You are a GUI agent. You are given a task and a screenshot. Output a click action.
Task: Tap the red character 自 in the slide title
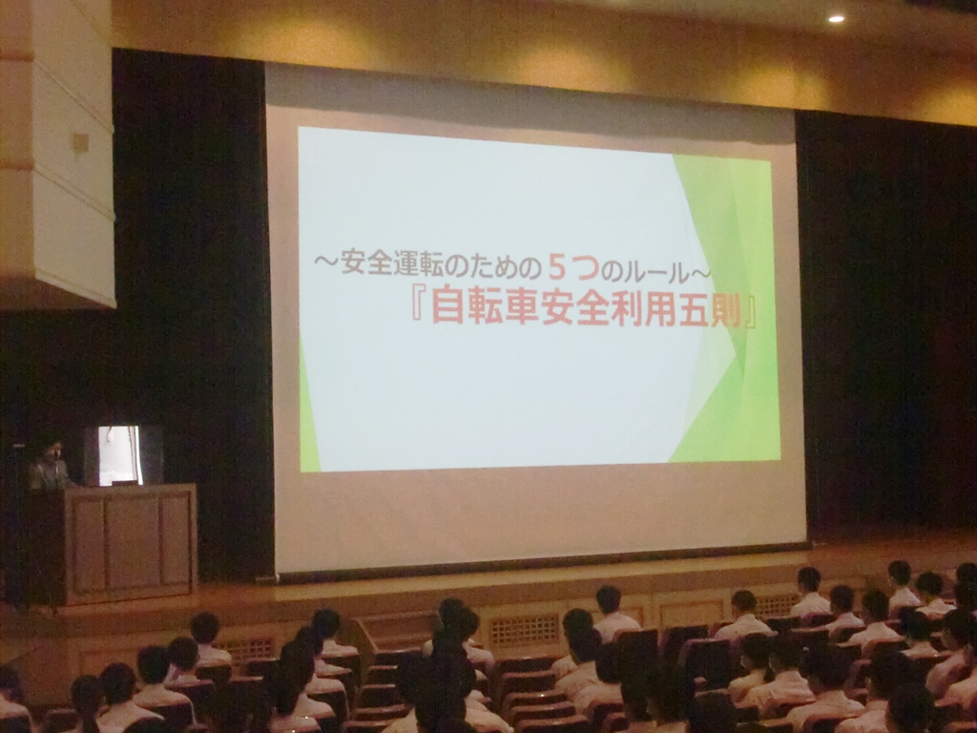click(448, 305)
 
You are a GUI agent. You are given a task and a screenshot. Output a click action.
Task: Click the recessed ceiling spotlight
click(836, 19)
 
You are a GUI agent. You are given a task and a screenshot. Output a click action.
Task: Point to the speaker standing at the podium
click(49, 465)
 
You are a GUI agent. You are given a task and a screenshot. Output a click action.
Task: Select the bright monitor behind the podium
click(119, 455)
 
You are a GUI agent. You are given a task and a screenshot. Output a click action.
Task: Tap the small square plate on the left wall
click(81, 143)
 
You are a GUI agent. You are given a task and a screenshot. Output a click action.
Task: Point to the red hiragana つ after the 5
click(585, 268)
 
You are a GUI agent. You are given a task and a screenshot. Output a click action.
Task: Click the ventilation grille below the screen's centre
click(524, 630)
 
